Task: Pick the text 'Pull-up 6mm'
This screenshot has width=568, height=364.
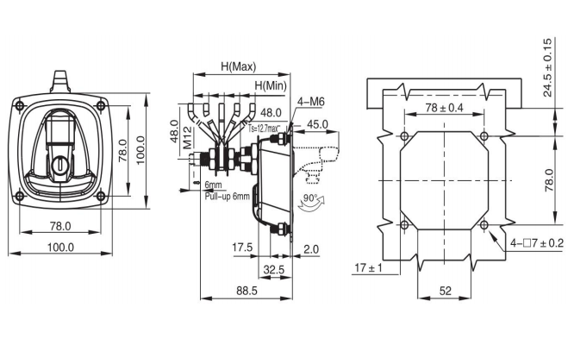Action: [227, 196]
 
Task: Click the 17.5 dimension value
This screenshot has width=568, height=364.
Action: [242, 248]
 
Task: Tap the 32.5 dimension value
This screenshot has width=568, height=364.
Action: [273, 269]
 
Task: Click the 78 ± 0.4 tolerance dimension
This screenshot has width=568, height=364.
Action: [444, 108]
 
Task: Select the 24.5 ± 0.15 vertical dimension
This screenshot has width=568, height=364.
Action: [548, 67]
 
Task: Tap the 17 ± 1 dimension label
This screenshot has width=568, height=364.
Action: [368, 267]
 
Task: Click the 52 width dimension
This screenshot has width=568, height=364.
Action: [445, 292]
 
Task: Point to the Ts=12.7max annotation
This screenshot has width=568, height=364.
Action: [265, 128]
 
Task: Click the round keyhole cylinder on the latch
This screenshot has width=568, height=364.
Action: [61, 163]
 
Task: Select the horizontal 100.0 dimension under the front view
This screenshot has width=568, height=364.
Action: [60, 247]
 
